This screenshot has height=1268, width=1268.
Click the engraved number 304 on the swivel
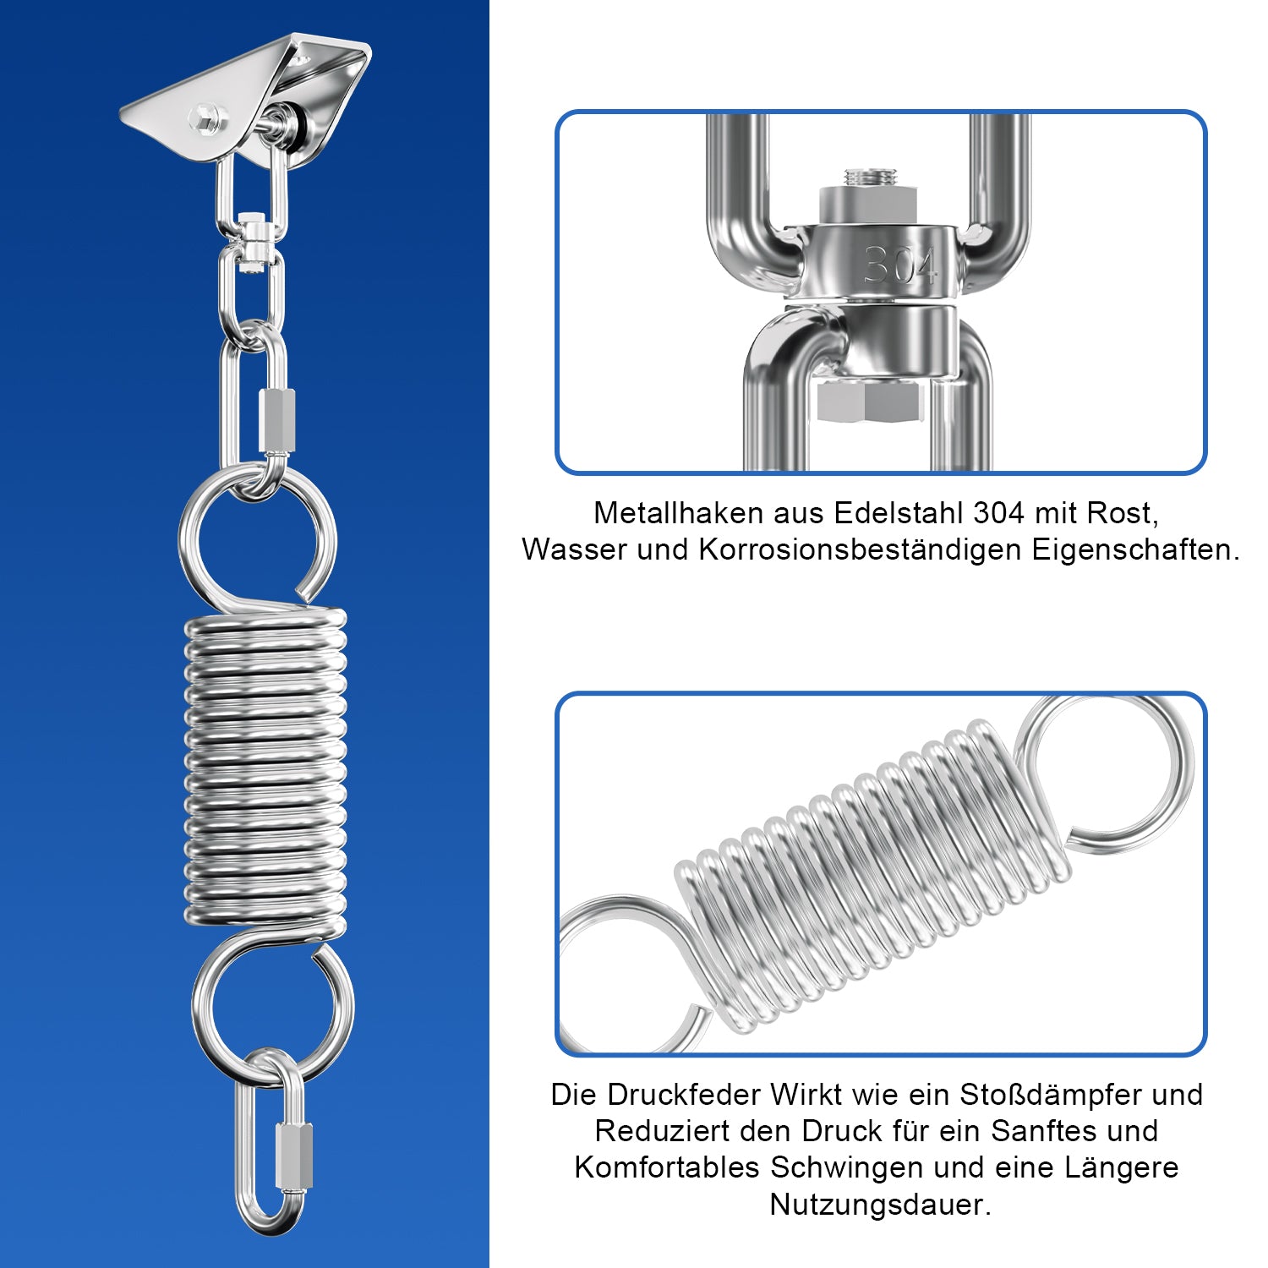[899, 266]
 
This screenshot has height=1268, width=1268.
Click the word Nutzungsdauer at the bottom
[879, 1205]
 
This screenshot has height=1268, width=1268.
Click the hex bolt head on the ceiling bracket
[205, 117]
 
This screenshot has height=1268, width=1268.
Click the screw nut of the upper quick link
[277, 420]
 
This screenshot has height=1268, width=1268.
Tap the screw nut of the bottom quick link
[293, 1156]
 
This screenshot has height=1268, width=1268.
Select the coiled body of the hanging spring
[265, 765]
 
